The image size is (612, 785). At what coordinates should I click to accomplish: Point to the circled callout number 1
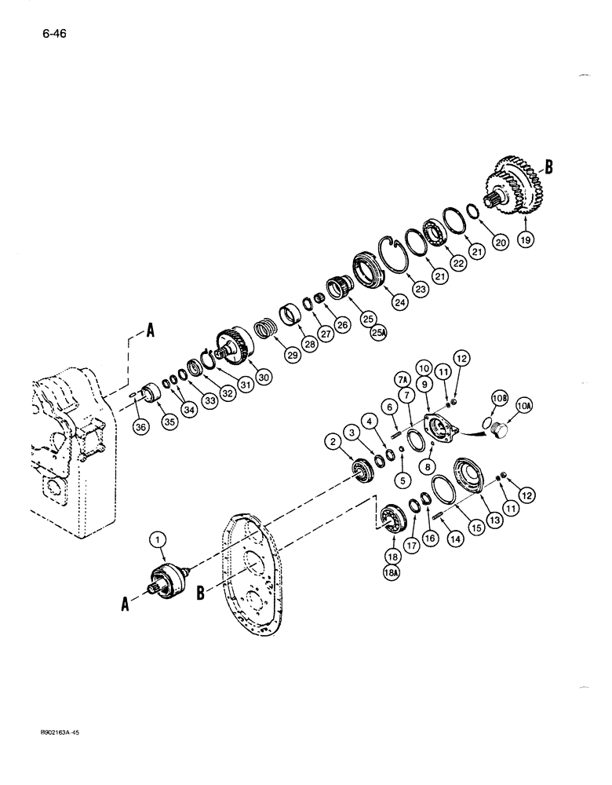pos(158,539)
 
